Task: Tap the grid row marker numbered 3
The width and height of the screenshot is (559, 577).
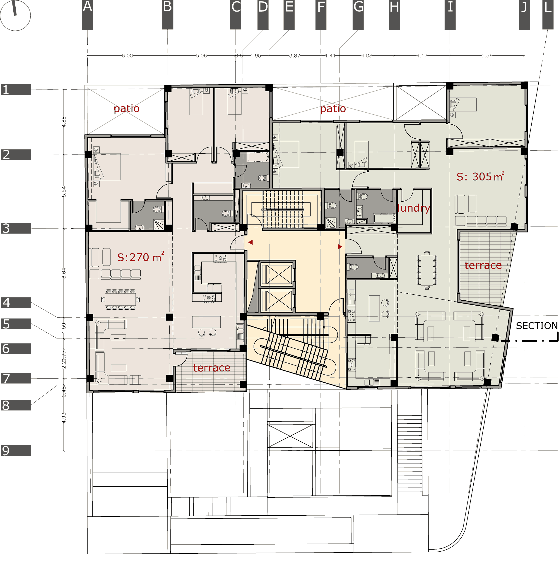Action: [16, 228]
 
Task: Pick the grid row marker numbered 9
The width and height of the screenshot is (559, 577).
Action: [16, 450]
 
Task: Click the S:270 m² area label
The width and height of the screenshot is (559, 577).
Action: [140, 257]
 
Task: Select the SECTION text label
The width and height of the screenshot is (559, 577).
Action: [536, 326]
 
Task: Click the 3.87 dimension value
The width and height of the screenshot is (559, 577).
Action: [294, 56]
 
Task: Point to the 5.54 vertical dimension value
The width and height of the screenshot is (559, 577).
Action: [64, 192]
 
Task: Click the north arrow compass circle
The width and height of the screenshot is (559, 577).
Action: [15, 15]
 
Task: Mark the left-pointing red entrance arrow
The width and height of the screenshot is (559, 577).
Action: [251, 242]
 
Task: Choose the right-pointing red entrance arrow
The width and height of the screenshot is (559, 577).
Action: [340, 247]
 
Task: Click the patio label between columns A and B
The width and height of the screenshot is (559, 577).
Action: [127, 109]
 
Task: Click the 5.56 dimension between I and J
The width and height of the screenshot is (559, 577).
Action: [487, 56]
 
